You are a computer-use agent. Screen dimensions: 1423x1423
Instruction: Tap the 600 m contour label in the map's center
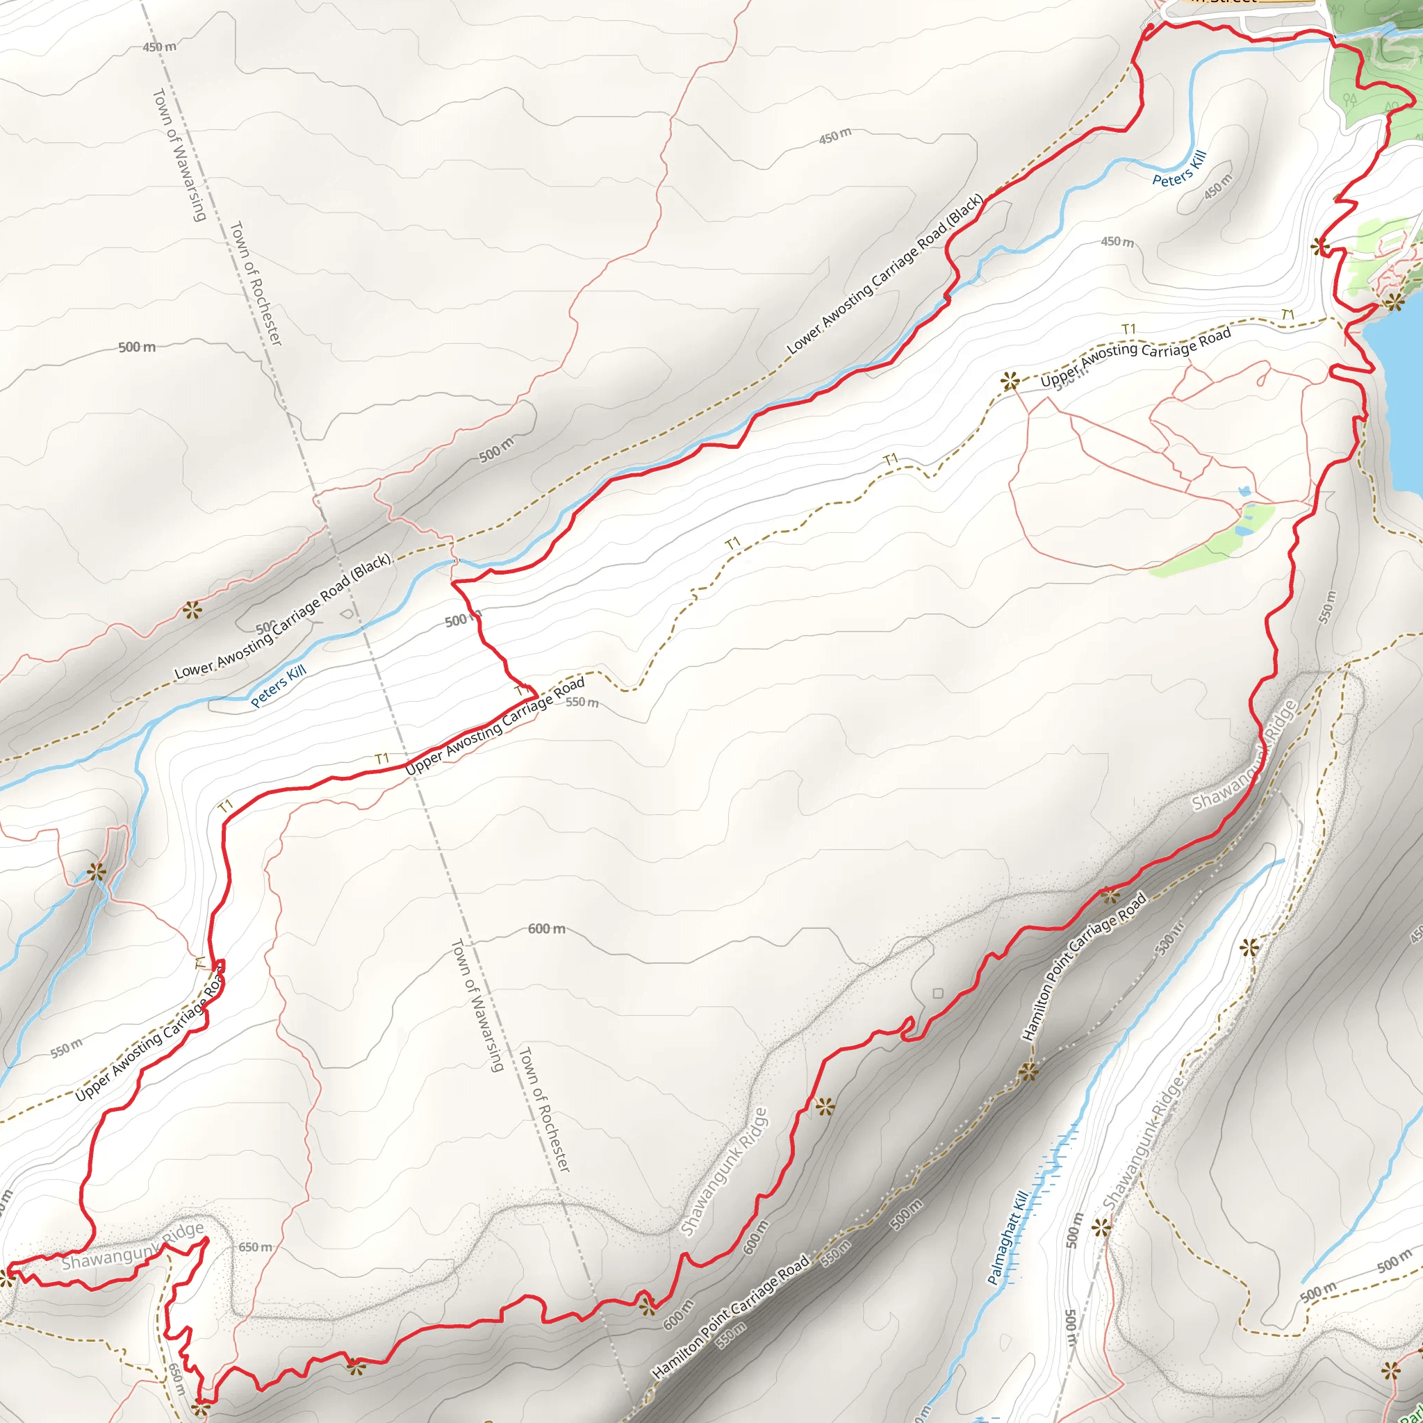(547, 929)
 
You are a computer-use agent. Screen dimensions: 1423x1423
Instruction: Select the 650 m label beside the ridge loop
(255, 1247)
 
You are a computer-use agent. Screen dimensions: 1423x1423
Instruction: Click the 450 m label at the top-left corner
(160, 47)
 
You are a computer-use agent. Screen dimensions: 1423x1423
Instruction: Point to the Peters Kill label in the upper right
(1179, 169)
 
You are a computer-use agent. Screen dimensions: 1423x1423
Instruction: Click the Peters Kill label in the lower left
(279, 686)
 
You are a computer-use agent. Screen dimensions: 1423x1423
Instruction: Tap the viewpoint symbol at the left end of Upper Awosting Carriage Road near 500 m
(1010, 381)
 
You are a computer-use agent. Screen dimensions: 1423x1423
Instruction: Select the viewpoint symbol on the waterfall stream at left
(97, 873)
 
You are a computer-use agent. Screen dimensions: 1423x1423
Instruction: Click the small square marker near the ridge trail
(937, 994)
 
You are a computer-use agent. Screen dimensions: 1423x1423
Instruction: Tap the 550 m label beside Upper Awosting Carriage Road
(582, 702)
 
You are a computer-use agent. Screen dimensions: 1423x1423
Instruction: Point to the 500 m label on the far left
(137, 347)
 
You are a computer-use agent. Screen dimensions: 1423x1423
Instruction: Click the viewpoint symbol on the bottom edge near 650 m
(199, 1408)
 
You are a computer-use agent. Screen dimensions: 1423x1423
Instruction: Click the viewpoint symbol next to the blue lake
(1394, 302)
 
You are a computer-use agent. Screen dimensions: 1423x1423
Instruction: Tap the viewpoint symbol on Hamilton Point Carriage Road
(1029, 1072)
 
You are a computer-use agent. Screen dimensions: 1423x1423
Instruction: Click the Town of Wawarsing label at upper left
(179, 155)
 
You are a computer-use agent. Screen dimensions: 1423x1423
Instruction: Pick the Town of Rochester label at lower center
(545, 1109)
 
